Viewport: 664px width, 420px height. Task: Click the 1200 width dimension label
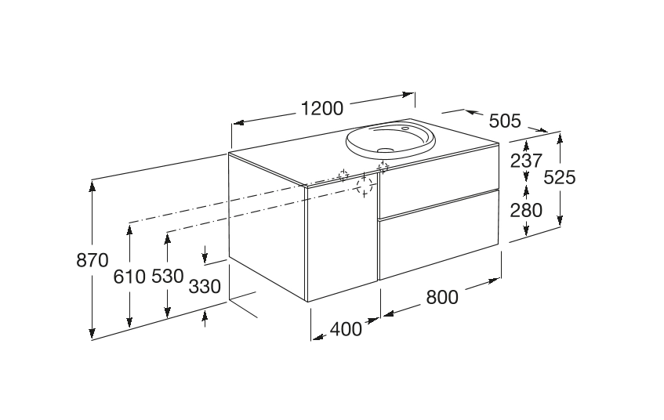(322, 109)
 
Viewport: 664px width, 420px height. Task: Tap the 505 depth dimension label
(505, 121)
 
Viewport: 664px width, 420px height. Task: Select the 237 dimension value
(526, 161)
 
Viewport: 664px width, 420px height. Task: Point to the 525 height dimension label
(560, 177)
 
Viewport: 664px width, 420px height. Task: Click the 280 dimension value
(526, 211)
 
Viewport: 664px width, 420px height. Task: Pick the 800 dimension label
(442, 297)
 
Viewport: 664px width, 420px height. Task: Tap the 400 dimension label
(346, 329)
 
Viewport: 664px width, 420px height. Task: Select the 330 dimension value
(205, 287)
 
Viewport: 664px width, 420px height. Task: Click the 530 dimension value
(167, 276)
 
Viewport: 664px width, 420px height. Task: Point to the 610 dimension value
(129, 277)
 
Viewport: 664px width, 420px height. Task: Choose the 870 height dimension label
(93, 260)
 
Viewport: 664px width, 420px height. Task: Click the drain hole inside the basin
(386, 150)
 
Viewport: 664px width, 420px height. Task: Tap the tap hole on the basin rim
(405, 128)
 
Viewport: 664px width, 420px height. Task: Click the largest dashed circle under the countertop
(365, 186)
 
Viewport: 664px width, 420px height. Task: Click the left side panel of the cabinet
(267, 226)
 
